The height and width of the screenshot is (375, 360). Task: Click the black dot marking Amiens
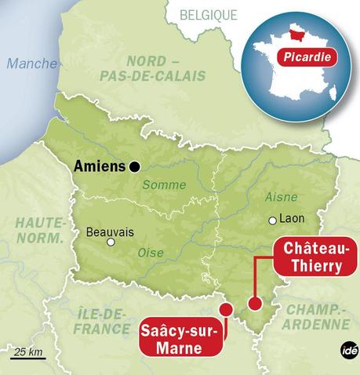tap(136, 166)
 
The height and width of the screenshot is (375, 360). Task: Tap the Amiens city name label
tap(99, 166)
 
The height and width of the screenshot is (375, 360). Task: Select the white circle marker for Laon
tap(272, 220)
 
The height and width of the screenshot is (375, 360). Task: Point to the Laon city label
tap(292, 220)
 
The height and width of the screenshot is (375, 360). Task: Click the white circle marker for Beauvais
tap(111, 242)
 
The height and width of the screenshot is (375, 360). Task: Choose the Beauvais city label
tap(111, 232)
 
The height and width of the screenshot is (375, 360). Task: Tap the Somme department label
tap(165, 185)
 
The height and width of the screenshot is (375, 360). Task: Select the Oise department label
tap(150, 253)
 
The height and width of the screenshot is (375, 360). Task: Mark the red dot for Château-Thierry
tap(253, 304)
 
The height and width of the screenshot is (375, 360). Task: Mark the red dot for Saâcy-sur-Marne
tap(226, 309)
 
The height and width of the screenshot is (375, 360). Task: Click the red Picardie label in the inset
tap(306, 56)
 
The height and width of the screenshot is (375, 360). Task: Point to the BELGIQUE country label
tap(208, 14)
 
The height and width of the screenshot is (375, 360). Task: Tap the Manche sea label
tap(31, 64)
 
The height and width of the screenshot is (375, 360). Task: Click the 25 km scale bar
tap(29, 357)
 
